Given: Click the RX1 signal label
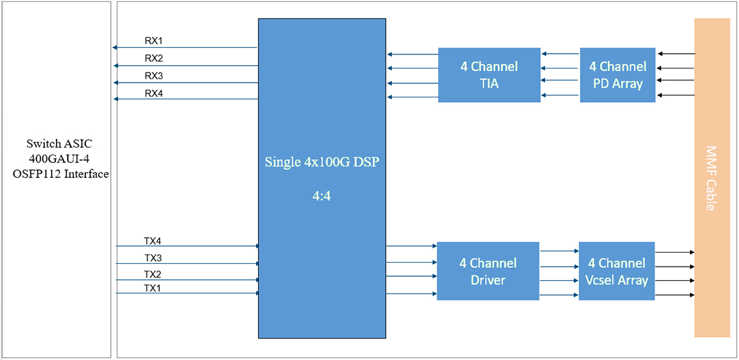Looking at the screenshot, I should coord(154,40).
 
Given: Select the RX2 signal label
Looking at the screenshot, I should coord(154,58).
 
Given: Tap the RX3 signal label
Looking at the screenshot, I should coord(154,75).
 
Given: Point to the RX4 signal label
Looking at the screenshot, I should coord(154,93).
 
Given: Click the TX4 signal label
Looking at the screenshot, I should coord(153,240).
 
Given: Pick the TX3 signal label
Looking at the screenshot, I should coord(153,258).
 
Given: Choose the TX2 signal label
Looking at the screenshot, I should coord(153,275).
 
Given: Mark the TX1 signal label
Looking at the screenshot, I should coord(153,288).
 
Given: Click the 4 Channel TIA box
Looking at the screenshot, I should coord(488,75).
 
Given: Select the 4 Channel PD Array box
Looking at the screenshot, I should coord(617,75).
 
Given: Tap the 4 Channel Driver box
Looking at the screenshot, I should coord(488,271).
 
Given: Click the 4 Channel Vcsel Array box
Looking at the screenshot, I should coord(617,271).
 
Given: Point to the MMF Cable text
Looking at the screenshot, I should coord(711,178).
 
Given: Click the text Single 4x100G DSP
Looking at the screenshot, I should coord(322,162).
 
